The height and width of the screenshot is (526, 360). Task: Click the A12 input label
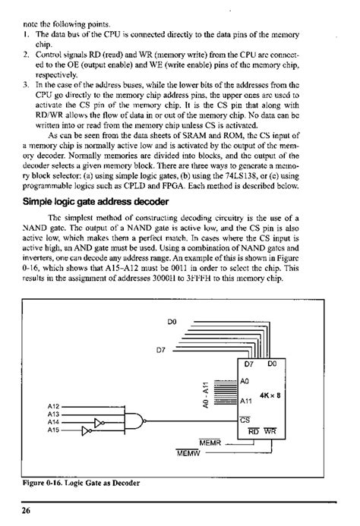53,406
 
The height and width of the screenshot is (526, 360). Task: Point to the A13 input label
53,414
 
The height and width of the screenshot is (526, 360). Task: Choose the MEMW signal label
187,454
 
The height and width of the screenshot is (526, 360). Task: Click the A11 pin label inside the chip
245,401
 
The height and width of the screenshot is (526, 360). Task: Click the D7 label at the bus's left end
161,350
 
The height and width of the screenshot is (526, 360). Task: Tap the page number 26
27,512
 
